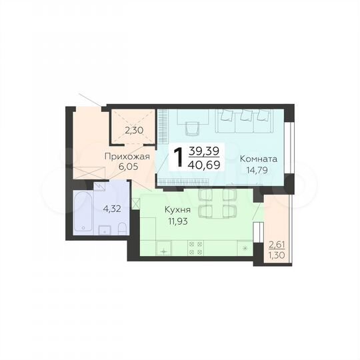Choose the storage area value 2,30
pyautogui.click(x=133, y=131)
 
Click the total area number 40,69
pyautogui.click(x=206, y=163)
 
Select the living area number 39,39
pyautogui.click(x=206, y=150)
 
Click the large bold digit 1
pyautogui.click(x=179, y=157)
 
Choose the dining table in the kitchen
pyautogui.click(x=217, y=203)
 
